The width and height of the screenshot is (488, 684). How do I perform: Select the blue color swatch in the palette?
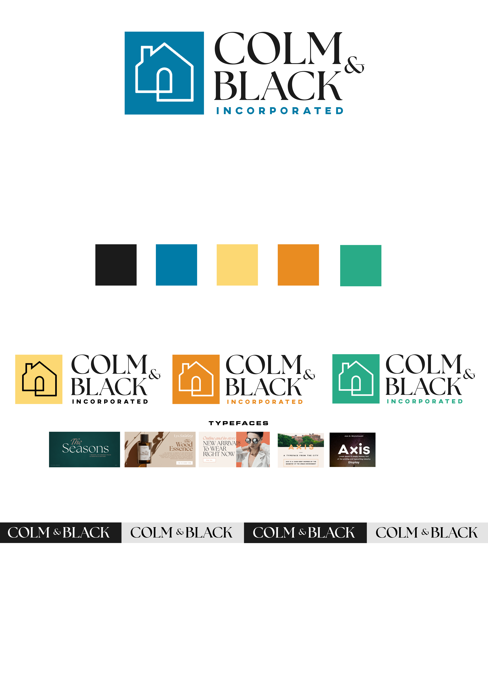[176, 265]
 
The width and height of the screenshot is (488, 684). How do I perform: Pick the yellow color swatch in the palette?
[237, 265]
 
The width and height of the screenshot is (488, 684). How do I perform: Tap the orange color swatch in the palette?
[298, 265]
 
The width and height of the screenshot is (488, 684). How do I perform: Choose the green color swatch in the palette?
[361, 265]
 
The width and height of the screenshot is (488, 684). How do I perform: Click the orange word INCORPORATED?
[265, 402]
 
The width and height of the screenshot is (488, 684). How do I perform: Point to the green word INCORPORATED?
[425, 401]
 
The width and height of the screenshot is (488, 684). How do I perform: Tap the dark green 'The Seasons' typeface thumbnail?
[84, 449]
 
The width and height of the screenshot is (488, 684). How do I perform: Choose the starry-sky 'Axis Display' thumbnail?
[353, 450]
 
